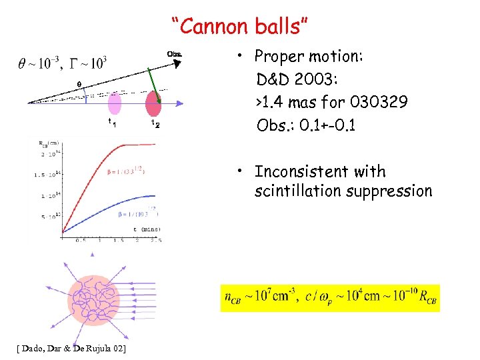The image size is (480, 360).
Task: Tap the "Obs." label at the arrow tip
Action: point(173,54)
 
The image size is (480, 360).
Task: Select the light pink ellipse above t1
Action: point(115,105)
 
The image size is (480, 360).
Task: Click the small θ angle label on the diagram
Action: point(79,84)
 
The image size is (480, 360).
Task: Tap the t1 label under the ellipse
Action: point(113,123)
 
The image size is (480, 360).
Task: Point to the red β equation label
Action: point(123,170)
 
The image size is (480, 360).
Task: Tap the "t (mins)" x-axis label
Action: point(143,229)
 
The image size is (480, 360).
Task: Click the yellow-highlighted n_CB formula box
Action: point(330,297)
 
